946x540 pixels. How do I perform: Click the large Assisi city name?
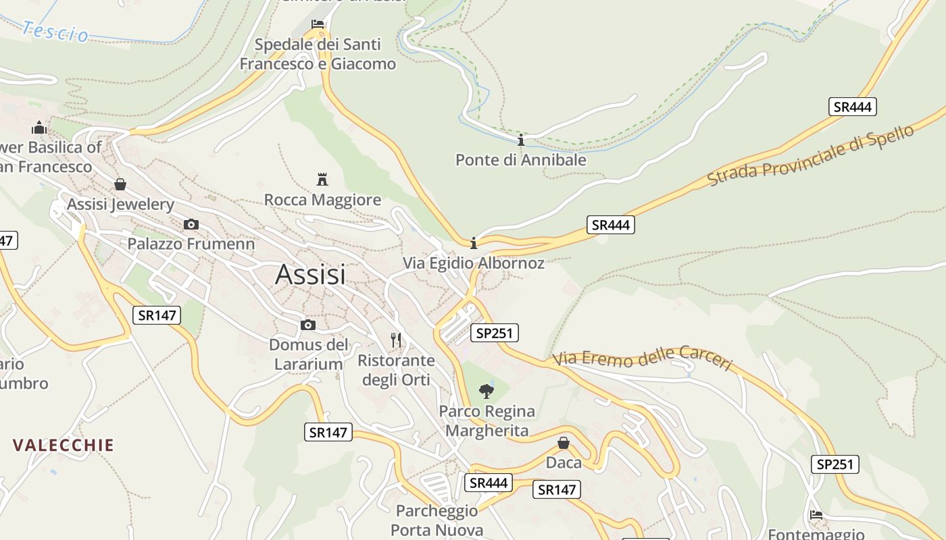tap(310, 275)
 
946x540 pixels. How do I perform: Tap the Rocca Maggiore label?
tap(322, 200)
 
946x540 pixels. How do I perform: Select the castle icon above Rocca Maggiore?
tap(322, 180)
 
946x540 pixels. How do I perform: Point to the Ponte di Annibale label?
tap(520, 160)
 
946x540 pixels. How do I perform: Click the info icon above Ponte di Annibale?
tap(520, 140)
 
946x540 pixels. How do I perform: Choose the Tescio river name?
tap(55, 31)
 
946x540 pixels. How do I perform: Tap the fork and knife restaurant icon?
tap(396, 340)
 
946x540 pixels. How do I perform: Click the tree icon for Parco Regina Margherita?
tap(486, 391)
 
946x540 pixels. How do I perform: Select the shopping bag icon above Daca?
tap(563, 443)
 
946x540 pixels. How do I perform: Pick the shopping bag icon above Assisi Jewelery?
tap(120, 184)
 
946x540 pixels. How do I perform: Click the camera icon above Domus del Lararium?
tap(307, 325)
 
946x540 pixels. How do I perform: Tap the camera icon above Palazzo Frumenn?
tap(191, 224)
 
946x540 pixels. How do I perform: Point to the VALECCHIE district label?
tap(64, 445)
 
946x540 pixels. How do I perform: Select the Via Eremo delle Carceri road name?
tap(642, 360)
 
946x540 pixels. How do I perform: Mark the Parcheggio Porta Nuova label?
tap(437, 520)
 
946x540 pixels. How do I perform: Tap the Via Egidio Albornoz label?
tap(473, 263)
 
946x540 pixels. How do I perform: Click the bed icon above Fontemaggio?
tap(816, 515)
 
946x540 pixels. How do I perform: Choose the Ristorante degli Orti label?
tap(396, 370)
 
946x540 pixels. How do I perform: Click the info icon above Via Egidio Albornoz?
tap(474, 243)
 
